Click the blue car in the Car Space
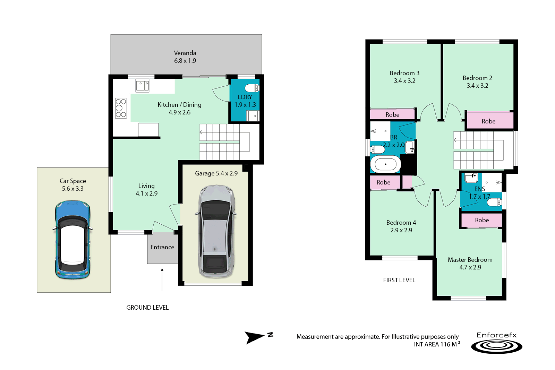(72, 240)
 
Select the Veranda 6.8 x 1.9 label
(185, 57)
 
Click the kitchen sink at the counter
(142, 85)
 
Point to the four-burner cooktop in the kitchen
(121, 108)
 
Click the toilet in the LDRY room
(252, 87)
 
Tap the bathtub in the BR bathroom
(385, 164)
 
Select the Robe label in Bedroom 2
(488, 121)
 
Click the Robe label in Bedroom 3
(392, 115)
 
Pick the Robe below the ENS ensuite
(482, 220)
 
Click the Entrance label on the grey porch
(162, 247)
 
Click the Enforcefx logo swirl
(497, 346)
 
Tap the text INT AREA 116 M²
(437, 344)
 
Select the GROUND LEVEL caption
(147, 308)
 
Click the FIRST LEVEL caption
(399, 280)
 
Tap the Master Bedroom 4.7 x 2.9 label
(470, 264)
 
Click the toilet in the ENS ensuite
(495, 202)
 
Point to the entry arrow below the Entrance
(162, 279)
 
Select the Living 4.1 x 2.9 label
(146, 190)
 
